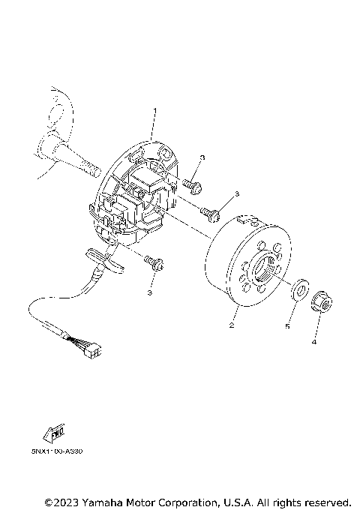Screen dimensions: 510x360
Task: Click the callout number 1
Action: point(154,112)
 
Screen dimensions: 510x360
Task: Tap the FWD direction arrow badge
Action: point(55,433)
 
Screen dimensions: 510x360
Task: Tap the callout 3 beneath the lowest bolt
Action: point(149,292)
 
